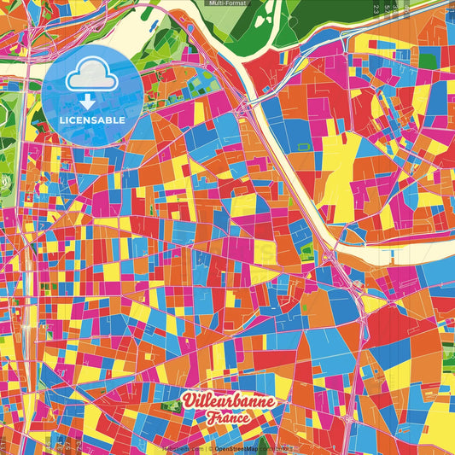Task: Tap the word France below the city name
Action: (226, 419)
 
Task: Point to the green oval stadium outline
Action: (8, 183)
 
